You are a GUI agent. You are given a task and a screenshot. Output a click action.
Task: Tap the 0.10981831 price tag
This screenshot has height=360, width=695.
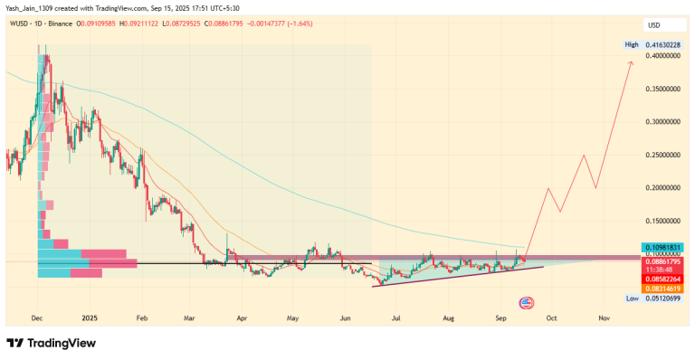(665, 247)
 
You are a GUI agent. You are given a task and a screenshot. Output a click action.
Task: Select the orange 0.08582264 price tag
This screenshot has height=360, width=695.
(665, 278)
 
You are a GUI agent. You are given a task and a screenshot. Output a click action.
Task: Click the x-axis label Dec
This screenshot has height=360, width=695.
(37, 318)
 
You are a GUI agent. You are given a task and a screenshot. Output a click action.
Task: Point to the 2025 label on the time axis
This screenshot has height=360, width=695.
(89, 318)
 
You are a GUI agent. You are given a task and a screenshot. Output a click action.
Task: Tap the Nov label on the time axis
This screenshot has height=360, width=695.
(604, 318)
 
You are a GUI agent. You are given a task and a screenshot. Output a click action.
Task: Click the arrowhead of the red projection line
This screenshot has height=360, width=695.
(631, 61)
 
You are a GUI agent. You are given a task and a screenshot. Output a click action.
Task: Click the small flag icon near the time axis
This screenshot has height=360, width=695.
(525, 302)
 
